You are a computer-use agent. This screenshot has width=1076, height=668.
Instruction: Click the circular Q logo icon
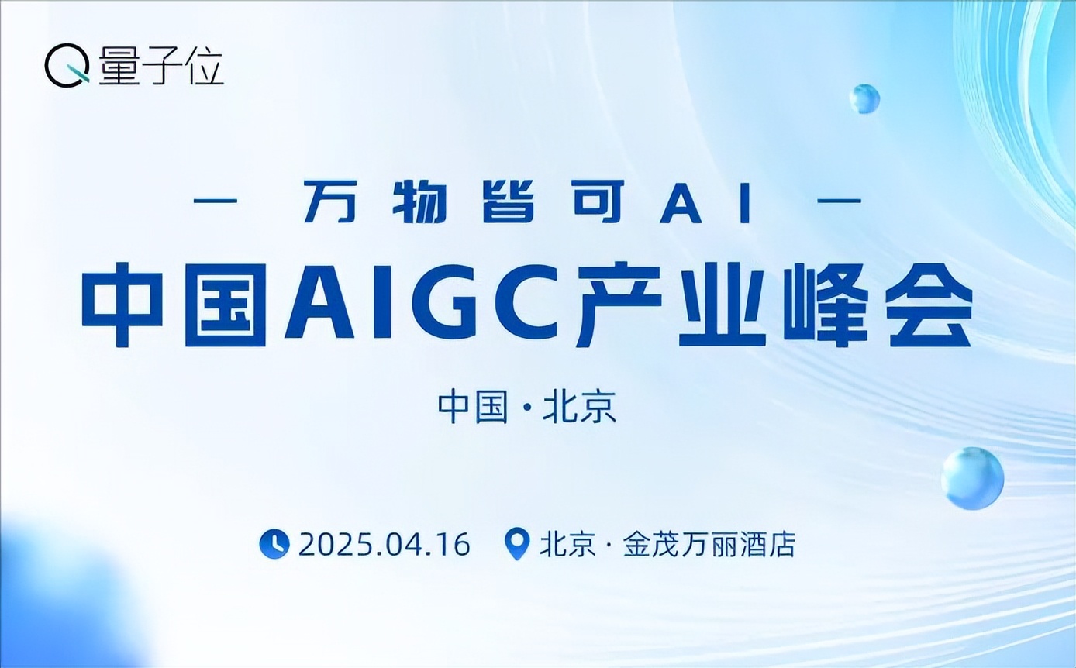coord(67,65)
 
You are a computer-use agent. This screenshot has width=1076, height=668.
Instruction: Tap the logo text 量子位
coord(161,67)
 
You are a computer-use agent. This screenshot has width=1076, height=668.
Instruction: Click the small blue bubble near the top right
coord(864,99)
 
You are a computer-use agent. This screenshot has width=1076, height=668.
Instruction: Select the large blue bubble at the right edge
coord(972,478)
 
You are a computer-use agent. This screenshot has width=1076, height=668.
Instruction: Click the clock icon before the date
coord(274,544)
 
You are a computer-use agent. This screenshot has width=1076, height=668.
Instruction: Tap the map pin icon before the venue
coord(517,544)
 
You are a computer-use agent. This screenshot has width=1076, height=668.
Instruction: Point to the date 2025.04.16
coord(385,545)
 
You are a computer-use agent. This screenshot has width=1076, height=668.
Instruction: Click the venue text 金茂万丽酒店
coord(709,545)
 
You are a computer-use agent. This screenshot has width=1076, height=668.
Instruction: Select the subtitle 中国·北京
coord(526,408)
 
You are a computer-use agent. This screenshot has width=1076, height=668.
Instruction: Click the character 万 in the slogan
coord(330,201)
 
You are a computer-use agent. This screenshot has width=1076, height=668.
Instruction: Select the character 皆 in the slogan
coord(509,201)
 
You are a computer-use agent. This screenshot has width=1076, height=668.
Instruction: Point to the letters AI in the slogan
coord(705,202)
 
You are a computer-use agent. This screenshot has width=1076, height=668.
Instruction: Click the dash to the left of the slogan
coord(216,201)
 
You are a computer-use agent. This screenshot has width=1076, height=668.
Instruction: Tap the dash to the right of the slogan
coord(840,201)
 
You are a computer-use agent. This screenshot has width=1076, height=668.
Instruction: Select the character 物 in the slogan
coord(419,201)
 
